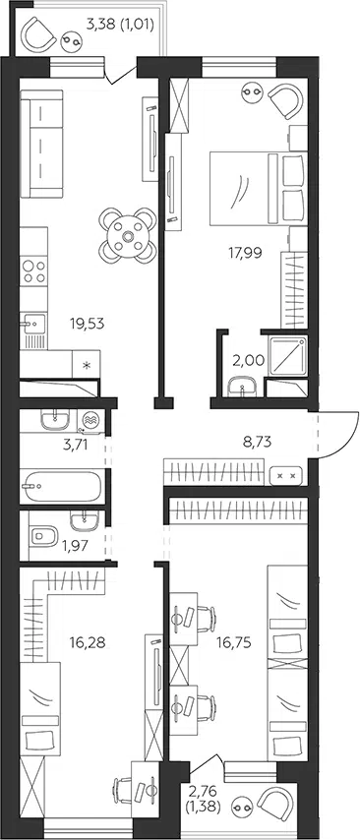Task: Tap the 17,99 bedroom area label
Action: pos(245,253)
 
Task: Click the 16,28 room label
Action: pos(87,641)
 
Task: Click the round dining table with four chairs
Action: pos(128,235)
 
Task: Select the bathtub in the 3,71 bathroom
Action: pos(61,487)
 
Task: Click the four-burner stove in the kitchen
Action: pos(33,271)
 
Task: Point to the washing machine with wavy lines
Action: pos(90,420)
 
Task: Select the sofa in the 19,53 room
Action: pos(41,145)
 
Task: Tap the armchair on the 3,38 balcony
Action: pos(38,34)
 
